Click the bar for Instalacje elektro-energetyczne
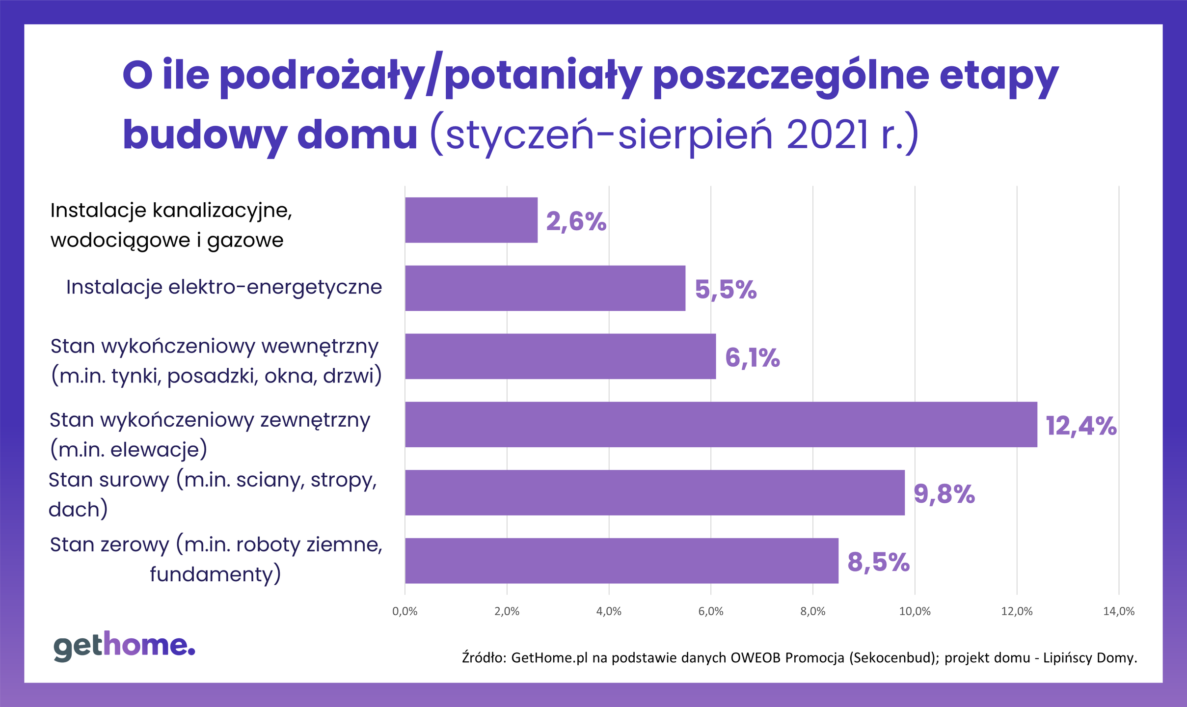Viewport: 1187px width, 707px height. (545, 288)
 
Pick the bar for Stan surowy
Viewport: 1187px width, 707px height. (654, 492)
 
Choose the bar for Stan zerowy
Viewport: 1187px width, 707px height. (621, 561)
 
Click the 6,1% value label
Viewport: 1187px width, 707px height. (752, 357)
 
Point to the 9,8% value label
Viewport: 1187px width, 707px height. (944, 494)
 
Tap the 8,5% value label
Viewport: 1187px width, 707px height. (878, 562)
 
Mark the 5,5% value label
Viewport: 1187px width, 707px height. (726, 290)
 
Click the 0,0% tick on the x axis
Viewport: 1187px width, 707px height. (405, 612)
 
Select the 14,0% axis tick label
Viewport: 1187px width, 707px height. (1119, 612)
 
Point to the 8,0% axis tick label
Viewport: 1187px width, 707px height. (813, 612)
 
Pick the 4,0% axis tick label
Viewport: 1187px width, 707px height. (609, 612)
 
